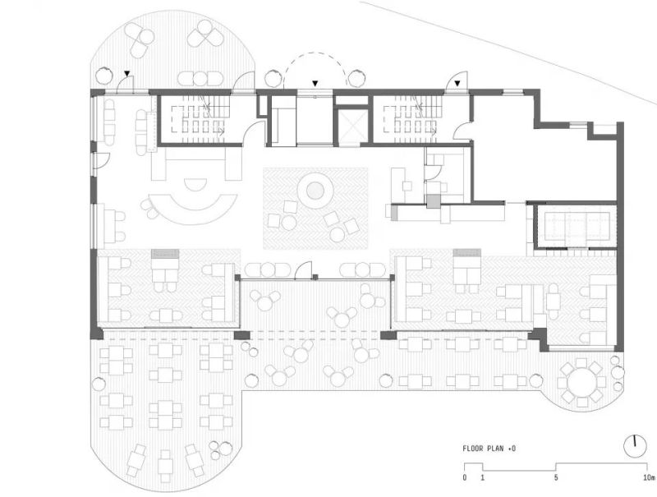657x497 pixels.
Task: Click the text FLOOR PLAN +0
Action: [x=489, y=449]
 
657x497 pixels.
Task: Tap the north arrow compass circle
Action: [x=635, y=447]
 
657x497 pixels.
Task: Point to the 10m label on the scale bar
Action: [x=649, y=477]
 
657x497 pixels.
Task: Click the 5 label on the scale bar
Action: [x=556, y=477]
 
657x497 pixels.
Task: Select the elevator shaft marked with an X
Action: [x=352, y=126]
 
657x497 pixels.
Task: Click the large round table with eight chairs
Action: [x=581, y=383]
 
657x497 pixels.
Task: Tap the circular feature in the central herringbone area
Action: [x=315, y=191]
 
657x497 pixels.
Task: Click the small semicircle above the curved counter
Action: [x=195, y=183]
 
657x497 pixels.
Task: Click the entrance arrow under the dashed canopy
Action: [x=315, y=84]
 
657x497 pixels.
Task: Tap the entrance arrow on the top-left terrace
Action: [x=127, y=74]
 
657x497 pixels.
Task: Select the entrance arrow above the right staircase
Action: [x=457, y=84]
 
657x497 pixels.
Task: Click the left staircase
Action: [x=200, y=119]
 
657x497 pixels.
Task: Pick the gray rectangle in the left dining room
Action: [x=165, y=254]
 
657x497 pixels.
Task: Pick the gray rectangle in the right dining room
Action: [x=466, y=253]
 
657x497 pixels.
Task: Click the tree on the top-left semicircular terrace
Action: [x=104, y=76]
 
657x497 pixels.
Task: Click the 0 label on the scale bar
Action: [x=464, y=477]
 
